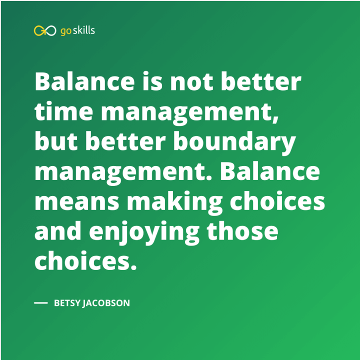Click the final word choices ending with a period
pyautogui.click(x=85, y=262)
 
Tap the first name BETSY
pyautogui.click(x=68, y=303)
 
